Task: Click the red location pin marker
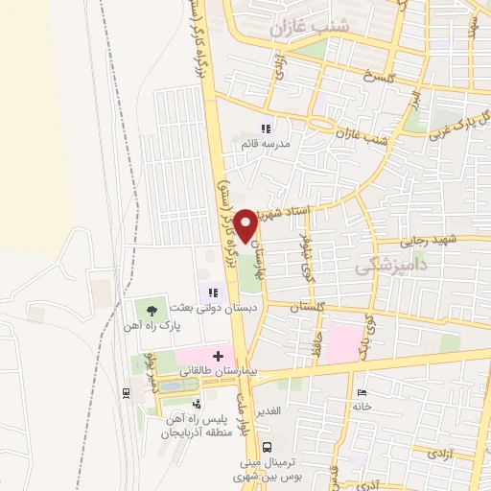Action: [x=247, y=224]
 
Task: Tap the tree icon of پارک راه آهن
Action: [x=151, y=309]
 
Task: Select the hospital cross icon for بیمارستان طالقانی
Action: [x=219, y=356]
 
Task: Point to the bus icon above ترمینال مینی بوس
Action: [x=268, y=446]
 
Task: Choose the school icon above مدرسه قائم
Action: [x=268, y=128]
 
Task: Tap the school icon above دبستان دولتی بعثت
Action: [x=214, y=292]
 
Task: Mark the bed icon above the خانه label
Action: [x=361, y=393]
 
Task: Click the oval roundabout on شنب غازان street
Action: [x=321, y=125]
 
